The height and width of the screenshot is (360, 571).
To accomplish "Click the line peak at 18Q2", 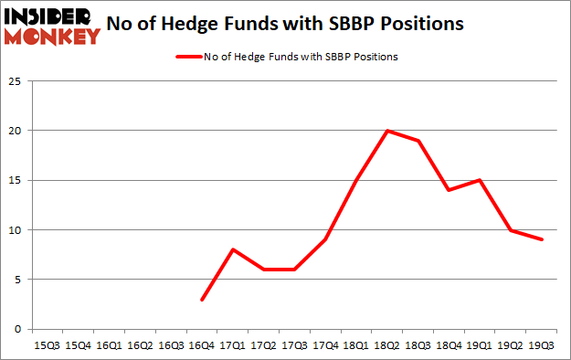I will [x=388, y=131].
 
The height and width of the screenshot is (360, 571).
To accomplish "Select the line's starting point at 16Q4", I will [x=201, y=299].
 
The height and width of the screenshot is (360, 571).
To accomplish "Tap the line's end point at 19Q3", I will [x=542, y=239].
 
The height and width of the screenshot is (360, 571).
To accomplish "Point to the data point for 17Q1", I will [x=232, y=249].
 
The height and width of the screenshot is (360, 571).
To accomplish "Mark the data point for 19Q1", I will [x=479, y=180].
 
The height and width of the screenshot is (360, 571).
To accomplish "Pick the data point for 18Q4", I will [x=449, y=190].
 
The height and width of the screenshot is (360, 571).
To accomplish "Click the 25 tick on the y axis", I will [x=16, y=81].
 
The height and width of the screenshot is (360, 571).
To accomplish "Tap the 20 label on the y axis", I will [x=16, y=131].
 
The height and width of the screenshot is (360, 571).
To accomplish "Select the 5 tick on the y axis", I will [x=18, y=280].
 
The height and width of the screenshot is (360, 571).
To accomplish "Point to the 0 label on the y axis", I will [x=18, y=329].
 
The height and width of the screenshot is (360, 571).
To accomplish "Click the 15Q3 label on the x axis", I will [x=46, y=346].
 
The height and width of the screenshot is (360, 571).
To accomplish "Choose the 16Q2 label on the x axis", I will [x=139, y=346].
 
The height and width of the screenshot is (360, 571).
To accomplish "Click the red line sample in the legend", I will [x=188, y=57].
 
